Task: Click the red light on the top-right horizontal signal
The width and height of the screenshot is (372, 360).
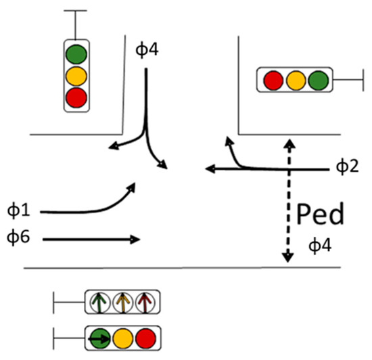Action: [272, 80]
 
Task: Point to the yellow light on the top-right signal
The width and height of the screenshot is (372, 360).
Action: [294, 80]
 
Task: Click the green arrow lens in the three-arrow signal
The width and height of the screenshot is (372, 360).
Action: [100, 302]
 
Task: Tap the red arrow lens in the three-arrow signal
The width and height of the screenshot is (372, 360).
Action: [144, 302]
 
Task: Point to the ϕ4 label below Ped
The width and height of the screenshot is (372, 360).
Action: [321, 244]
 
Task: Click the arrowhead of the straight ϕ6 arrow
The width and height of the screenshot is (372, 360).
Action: [137, 239]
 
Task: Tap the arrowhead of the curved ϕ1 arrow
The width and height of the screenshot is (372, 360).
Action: [131, 187]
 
